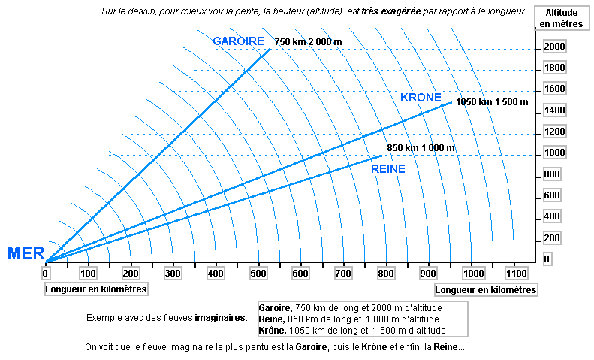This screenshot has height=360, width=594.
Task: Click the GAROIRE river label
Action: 238,41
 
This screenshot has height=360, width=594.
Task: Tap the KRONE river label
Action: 421,98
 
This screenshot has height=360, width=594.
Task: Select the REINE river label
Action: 388,169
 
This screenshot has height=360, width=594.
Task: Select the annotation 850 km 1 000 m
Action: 421,148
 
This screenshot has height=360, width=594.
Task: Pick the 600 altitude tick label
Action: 552,195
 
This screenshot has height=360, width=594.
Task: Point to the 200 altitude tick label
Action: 552,238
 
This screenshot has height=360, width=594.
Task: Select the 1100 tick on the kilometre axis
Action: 514,273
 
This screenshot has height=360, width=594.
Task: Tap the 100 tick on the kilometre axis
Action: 88,273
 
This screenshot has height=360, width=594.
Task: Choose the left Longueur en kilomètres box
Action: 96,289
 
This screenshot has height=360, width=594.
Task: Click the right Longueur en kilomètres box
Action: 485,289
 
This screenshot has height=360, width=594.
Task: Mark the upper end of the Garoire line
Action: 270,49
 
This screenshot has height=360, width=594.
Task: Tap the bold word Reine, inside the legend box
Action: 272,319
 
